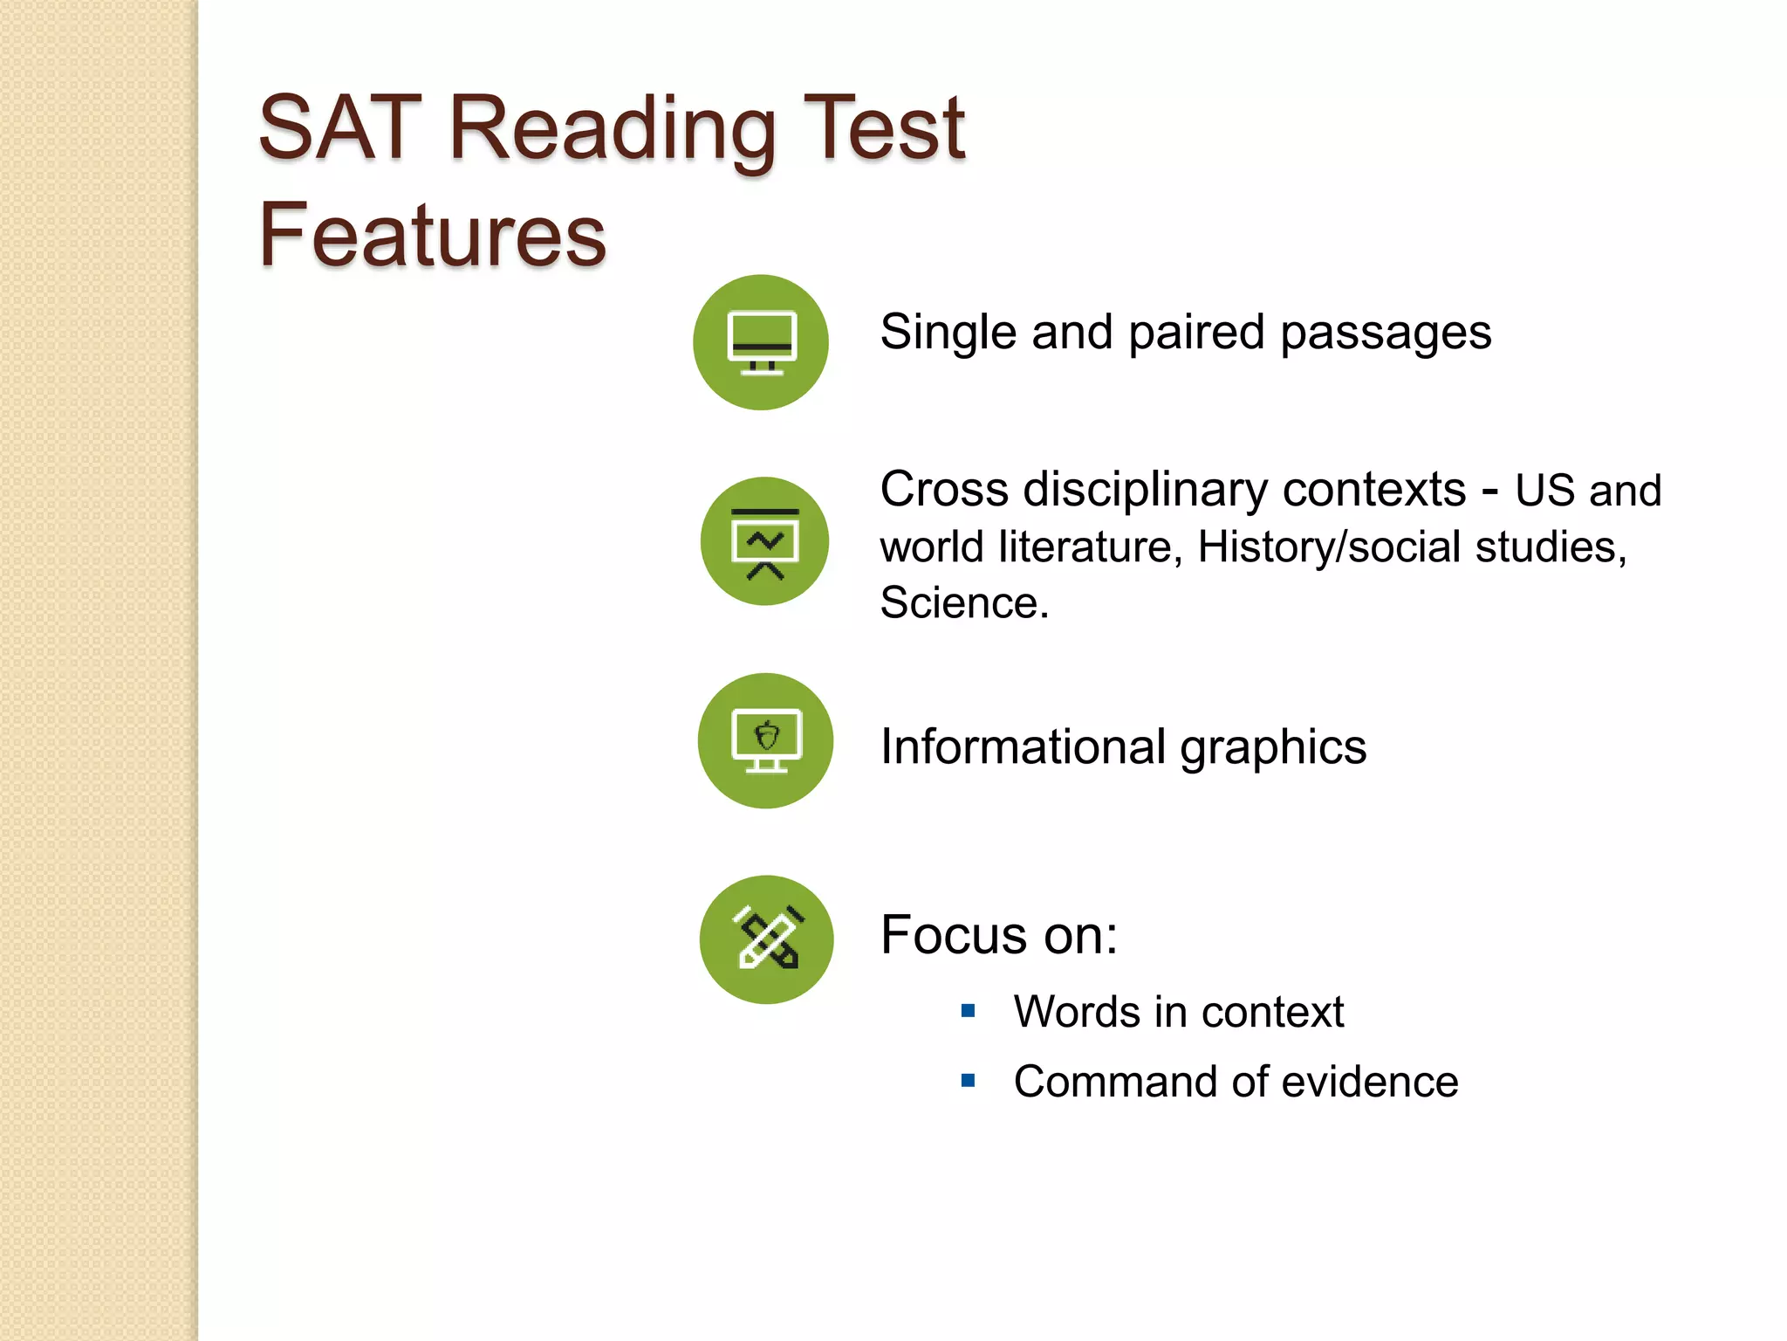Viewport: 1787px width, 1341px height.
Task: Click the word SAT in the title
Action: pyautogui.click(x=340, y=129)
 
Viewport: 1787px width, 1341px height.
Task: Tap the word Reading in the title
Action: pyautogui.click(x=611, y=131)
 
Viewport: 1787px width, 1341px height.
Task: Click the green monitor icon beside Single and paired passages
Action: pyautogui.click(x=761, y=342)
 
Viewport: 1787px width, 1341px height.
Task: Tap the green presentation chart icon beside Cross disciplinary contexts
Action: pyautogui.click(x=764, y=541)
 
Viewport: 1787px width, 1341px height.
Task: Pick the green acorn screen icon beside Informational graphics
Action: pyautogui.click(x=765, y=740)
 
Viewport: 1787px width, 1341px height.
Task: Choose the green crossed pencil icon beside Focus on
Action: pyautogui.click(x=766, y=939)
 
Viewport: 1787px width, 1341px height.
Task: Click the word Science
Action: pyautogui.click(x=963, y=602)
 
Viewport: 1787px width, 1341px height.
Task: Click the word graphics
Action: pyautogui.click(x=1273, y=749)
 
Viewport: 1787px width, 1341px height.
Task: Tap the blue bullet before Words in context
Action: pyautogui.click(x=968, y=1011)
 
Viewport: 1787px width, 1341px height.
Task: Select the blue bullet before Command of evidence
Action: pyautogui.click(x=968, y=1081)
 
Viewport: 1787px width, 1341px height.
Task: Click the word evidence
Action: pyautogui.click(x=1370, y=1082)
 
